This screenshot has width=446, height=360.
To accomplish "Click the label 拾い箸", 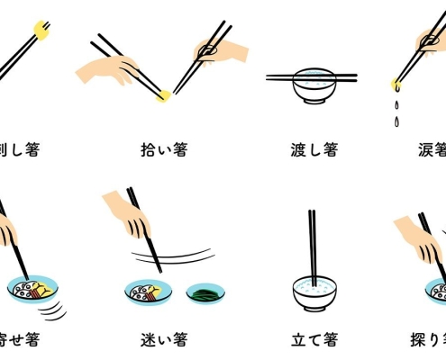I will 165,149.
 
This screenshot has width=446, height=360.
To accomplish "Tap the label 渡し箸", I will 314,149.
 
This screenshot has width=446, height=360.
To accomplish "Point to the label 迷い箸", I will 163,339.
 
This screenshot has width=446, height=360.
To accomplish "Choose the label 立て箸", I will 314,339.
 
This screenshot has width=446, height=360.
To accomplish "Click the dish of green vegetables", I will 206,293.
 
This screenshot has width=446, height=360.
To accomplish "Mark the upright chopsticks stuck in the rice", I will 313,243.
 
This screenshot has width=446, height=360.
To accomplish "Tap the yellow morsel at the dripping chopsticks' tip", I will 396,85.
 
